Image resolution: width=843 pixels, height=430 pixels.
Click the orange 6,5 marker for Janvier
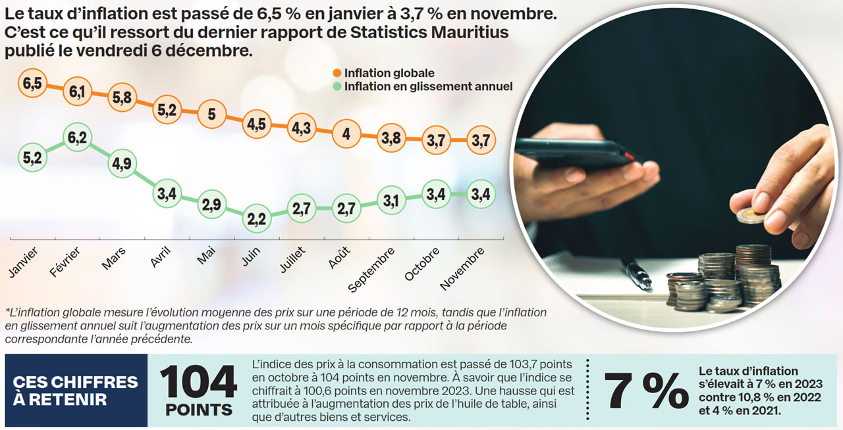pos(32,84)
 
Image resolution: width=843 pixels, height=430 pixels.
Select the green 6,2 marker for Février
pos(77,138)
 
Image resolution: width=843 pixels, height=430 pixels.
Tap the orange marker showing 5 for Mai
pos(212,114)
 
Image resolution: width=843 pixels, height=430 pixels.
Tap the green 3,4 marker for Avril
pos(166,194)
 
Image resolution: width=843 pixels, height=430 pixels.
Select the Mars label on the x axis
pos(114,259)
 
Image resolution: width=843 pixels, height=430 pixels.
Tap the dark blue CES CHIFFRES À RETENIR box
pos(76,391)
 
